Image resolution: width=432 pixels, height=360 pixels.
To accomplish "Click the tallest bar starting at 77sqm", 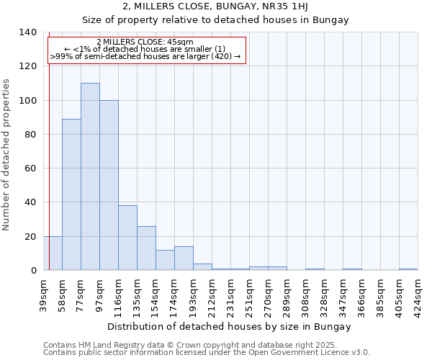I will click(90, 176).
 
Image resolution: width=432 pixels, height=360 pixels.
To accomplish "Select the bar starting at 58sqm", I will click(71, 194).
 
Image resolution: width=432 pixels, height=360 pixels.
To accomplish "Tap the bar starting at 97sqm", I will click(109, 185).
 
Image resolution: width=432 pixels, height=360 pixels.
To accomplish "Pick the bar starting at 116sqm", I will click(127, 238).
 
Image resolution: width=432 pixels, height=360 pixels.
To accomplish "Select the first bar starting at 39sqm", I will click(53, 253).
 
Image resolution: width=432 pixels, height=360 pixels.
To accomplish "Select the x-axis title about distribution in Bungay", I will click(230, 326).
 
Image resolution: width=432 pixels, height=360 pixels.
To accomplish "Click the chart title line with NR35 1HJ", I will click(230, 6).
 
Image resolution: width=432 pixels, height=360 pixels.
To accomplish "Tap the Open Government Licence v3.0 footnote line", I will click(207, 353).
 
